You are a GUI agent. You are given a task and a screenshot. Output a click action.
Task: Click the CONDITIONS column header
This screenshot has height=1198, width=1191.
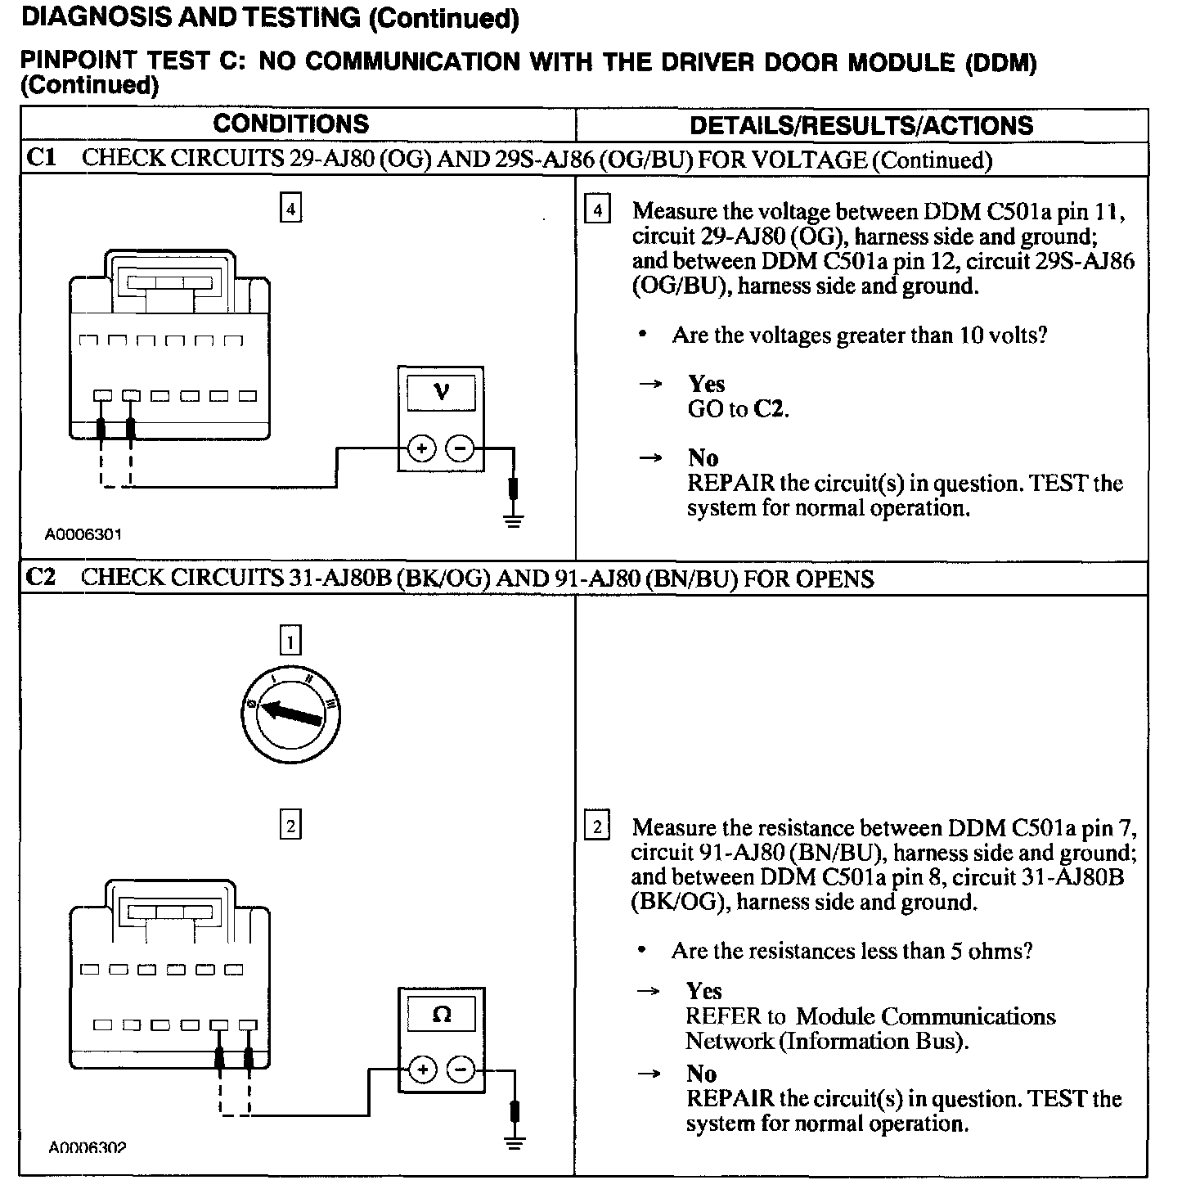[x=290, y=124]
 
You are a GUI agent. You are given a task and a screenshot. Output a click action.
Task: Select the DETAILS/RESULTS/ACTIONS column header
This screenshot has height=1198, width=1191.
[x=861, y=125]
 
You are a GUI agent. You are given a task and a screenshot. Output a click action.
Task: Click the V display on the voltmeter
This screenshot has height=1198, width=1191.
[x=441, y=392]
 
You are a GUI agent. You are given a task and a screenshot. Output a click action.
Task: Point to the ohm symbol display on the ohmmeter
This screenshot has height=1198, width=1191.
[x=441, y=1015]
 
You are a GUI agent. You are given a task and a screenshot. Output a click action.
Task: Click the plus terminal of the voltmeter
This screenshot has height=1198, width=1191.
[x=421, y=448]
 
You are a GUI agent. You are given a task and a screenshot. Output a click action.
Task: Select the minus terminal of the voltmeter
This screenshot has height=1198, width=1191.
[x=460, y=448]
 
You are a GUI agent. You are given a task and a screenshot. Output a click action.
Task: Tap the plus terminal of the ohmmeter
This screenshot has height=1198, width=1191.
[x=422, y=1070]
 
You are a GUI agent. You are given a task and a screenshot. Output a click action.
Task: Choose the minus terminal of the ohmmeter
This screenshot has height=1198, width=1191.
[x=461, y=1070]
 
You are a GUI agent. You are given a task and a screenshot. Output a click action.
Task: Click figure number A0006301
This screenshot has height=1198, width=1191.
[x=83, y=534]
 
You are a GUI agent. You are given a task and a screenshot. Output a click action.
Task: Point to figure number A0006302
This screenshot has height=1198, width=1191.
[x=87, y=1148]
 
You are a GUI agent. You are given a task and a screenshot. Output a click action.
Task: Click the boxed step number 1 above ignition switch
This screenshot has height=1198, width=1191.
[x=290, y=641]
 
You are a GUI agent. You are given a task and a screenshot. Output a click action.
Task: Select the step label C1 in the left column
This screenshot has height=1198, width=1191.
[x=41, y=158]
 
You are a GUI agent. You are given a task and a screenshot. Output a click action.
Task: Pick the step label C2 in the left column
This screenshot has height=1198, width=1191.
[x=41, y=578]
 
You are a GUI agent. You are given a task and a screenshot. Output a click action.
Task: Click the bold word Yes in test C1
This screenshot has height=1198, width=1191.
[x=706, y=384]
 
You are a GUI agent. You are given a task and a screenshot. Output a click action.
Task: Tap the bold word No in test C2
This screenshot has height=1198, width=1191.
[x=701, y=1074]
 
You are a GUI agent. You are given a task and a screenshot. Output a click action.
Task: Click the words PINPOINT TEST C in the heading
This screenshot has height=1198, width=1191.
[x=133, y=62]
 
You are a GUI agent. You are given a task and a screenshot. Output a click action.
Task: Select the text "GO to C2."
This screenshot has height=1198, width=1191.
[x=738, y=409]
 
